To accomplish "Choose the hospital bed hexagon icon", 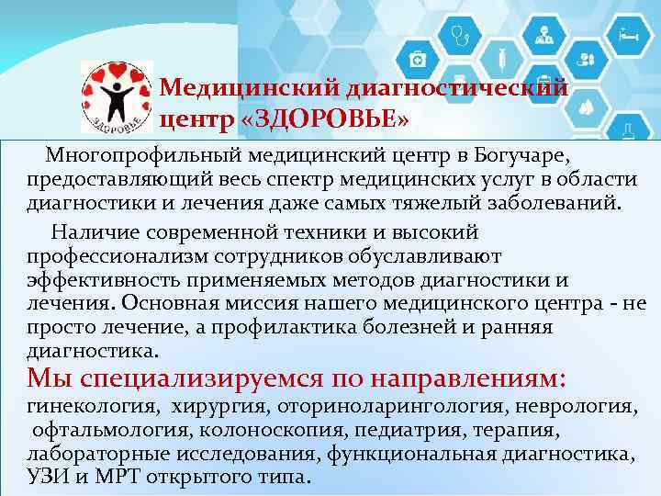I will click(629, 36).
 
